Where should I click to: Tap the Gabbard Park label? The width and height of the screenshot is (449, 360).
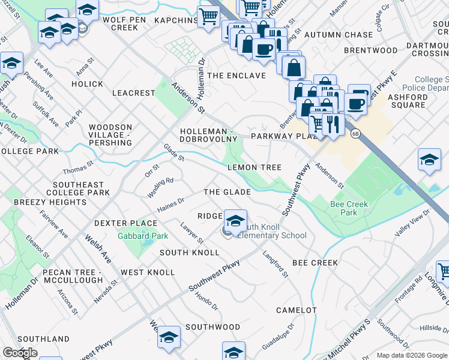point(143,236)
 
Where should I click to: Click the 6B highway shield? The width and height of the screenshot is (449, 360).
point(356,134)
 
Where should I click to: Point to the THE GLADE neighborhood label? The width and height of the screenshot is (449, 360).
point(227,192)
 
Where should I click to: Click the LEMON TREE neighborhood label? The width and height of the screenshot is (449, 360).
point(254,167)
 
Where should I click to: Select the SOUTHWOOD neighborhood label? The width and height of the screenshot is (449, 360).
point(212,327)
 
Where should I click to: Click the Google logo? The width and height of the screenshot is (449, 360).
point(19,353)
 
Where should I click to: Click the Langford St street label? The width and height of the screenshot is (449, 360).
point(276,264)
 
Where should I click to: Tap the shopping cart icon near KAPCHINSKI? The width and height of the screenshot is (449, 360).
point(208,17)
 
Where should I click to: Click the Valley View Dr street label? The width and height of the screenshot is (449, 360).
point(413,223)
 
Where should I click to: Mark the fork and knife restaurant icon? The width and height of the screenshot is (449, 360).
point(332,125)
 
